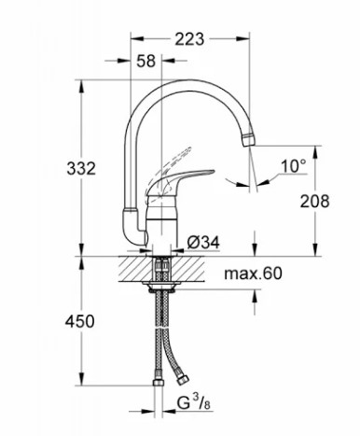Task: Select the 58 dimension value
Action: coord(146,62)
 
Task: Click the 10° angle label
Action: coord(293,167)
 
